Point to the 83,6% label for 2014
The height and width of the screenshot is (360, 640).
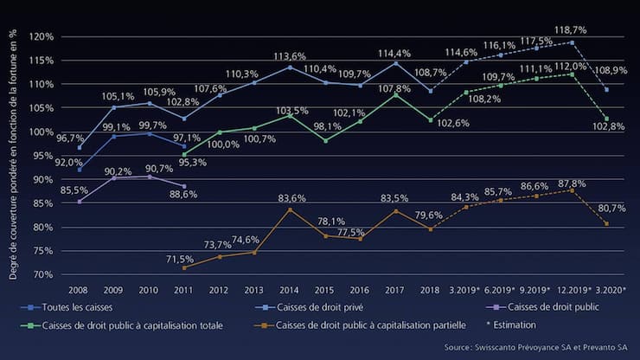pos(290,198)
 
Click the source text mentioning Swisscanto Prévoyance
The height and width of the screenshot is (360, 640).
pos(539,346)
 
